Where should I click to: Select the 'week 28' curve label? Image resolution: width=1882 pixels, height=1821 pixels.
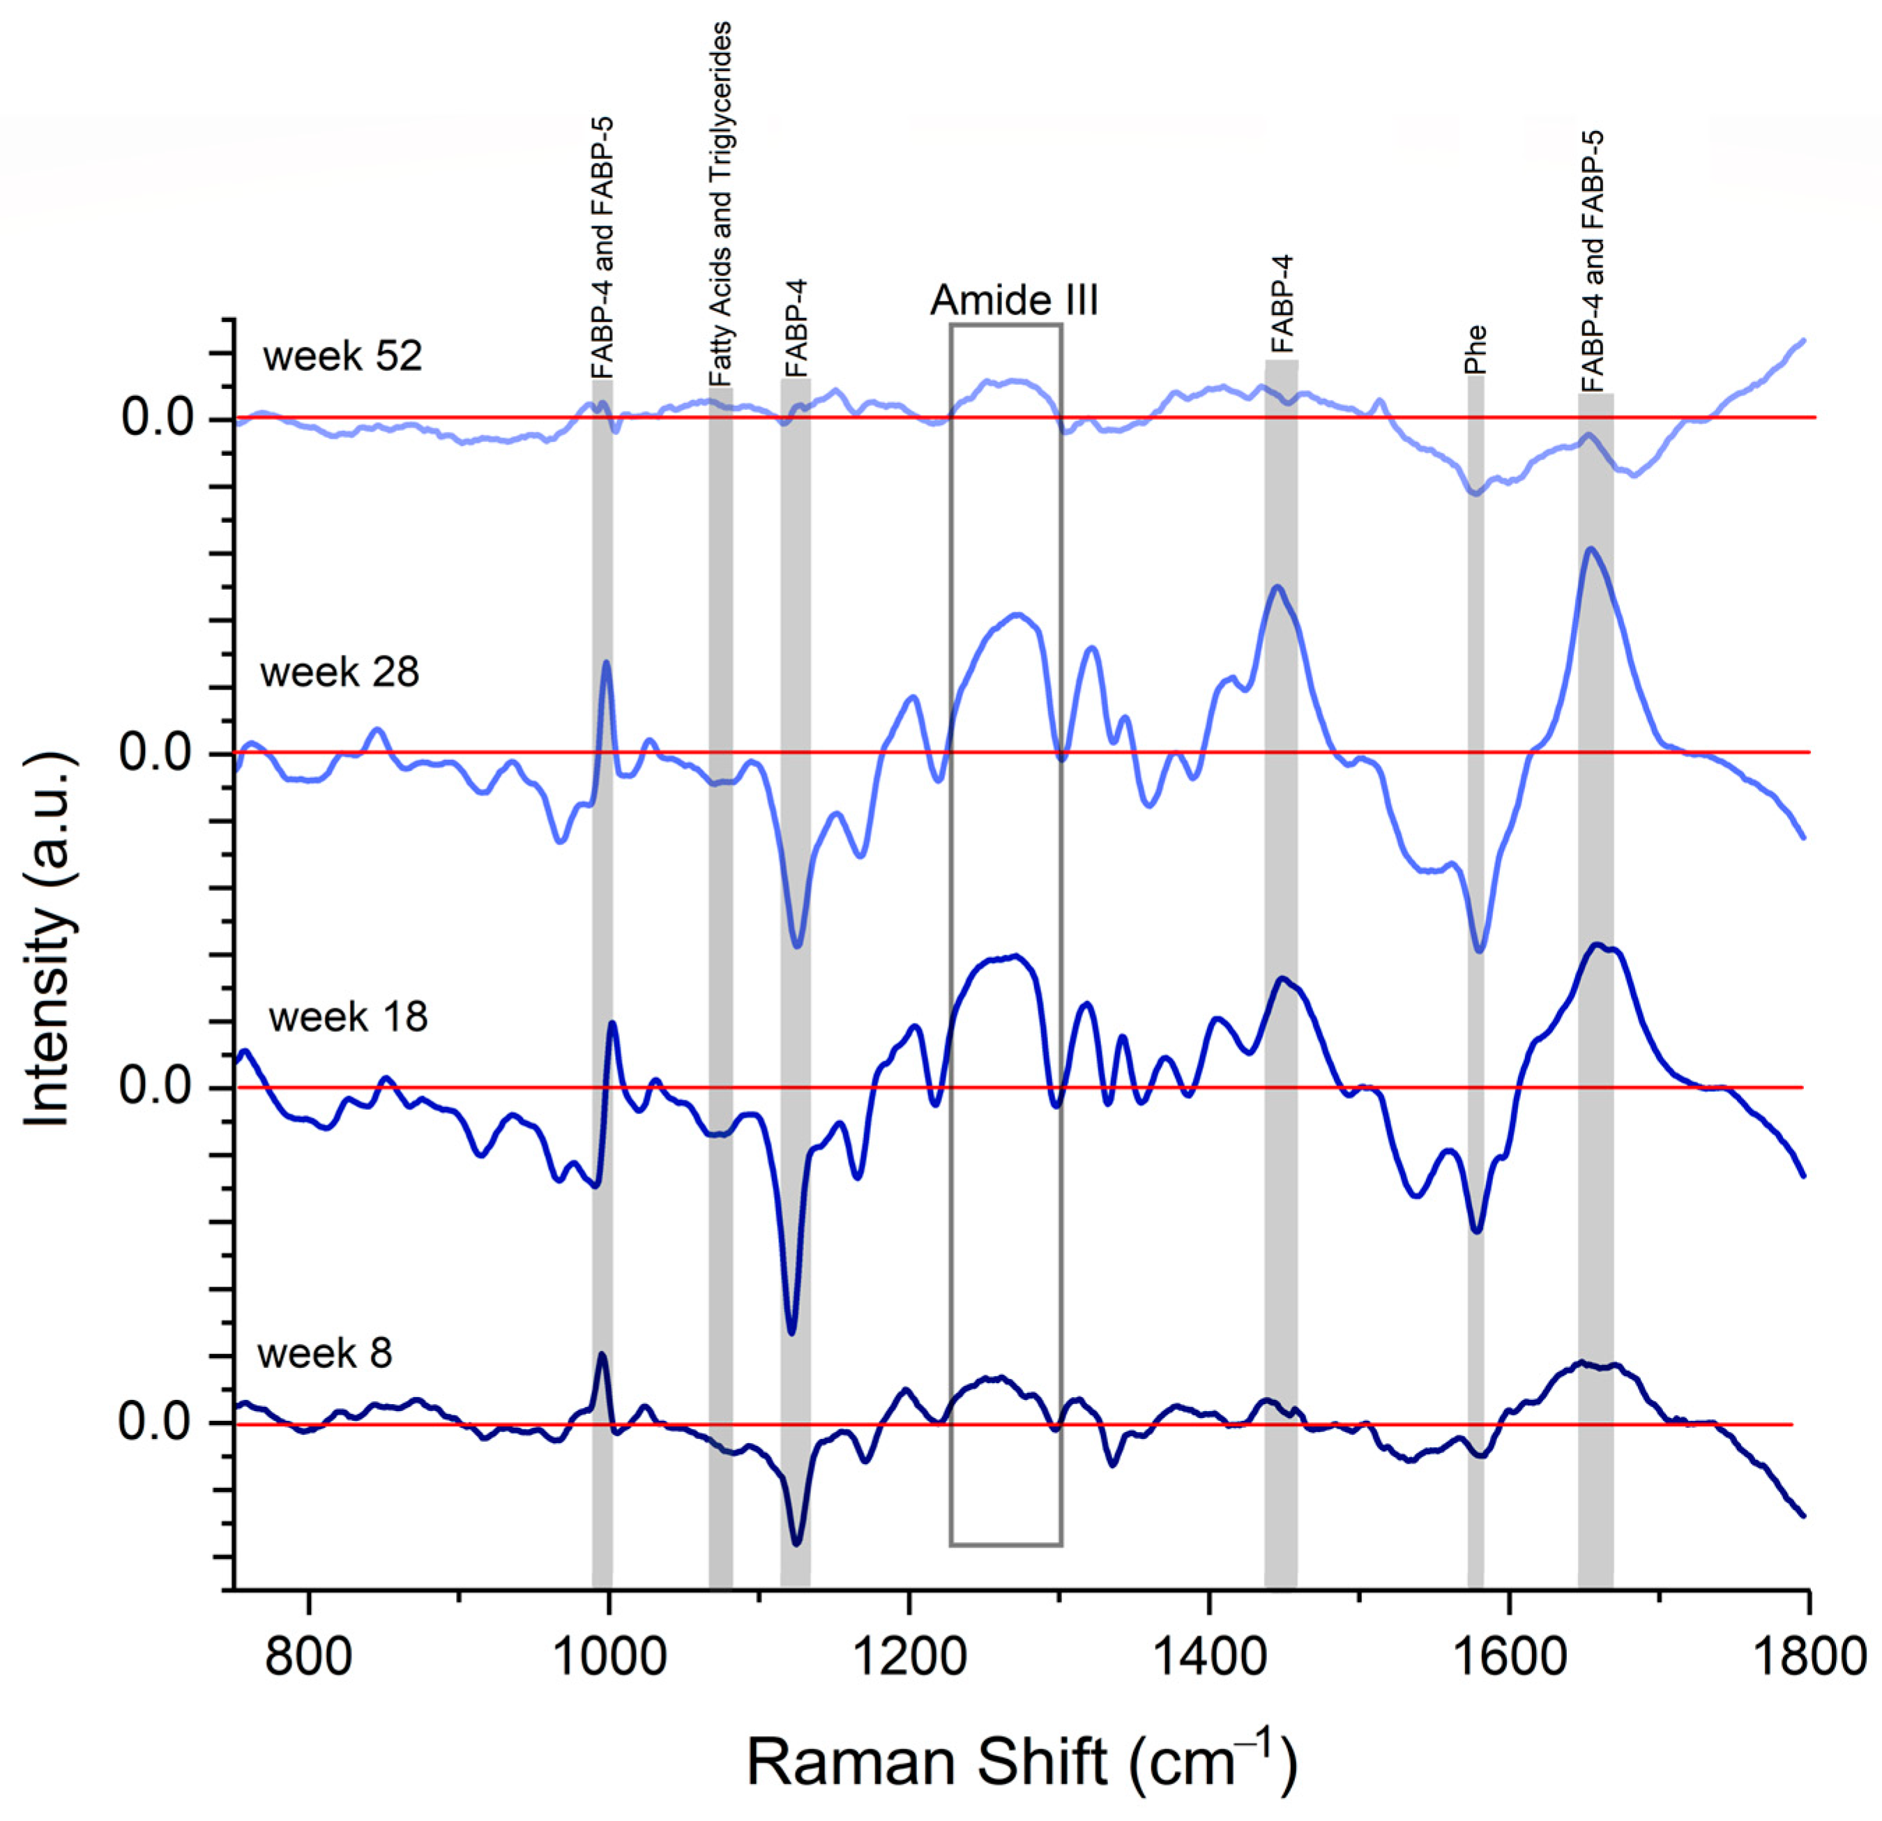point(339,673)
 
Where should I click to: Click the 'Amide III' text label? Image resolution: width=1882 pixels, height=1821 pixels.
point(1014,301)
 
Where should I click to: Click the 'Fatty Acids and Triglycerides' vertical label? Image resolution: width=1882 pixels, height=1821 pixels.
point(720,204)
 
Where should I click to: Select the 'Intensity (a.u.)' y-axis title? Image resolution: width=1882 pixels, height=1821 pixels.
point(49,940)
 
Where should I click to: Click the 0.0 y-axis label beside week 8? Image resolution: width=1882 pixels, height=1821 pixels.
point(155,1422)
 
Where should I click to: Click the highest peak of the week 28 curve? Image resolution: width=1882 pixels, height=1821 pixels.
point(1590,549)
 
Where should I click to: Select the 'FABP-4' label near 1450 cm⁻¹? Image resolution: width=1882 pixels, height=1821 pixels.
point(1282,305)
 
